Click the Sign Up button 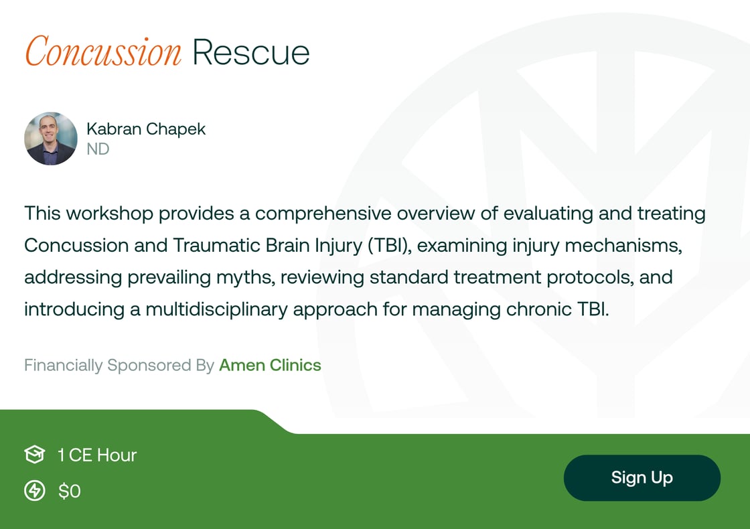pyautogui.click(x=642, y=478)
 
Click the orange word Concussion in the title pyautogui.click(x=103, y=52)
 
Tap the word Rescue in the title pyautogui.click(x=251, y=52)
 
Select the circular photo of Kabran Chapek pyautogui.click(x=51, y=139)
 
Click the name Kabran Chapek pyautogui.click(x=146, y=129)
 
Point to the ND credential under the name pyautogui.click(x=98, y=149)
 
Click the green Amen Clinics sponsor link pyautogui.click(x=270, y=366)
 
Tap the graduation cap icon pyautogui.click(x=34, y=455)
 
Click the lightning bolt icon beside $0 pyautogui.click(x=34, y=492)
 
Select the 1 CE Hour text pyautogui.click(x=97, y=455)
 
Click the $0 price pyautogui.click(x=70, y=492)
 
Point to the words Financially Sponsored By pyautogui.click(x=119, y=366)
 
